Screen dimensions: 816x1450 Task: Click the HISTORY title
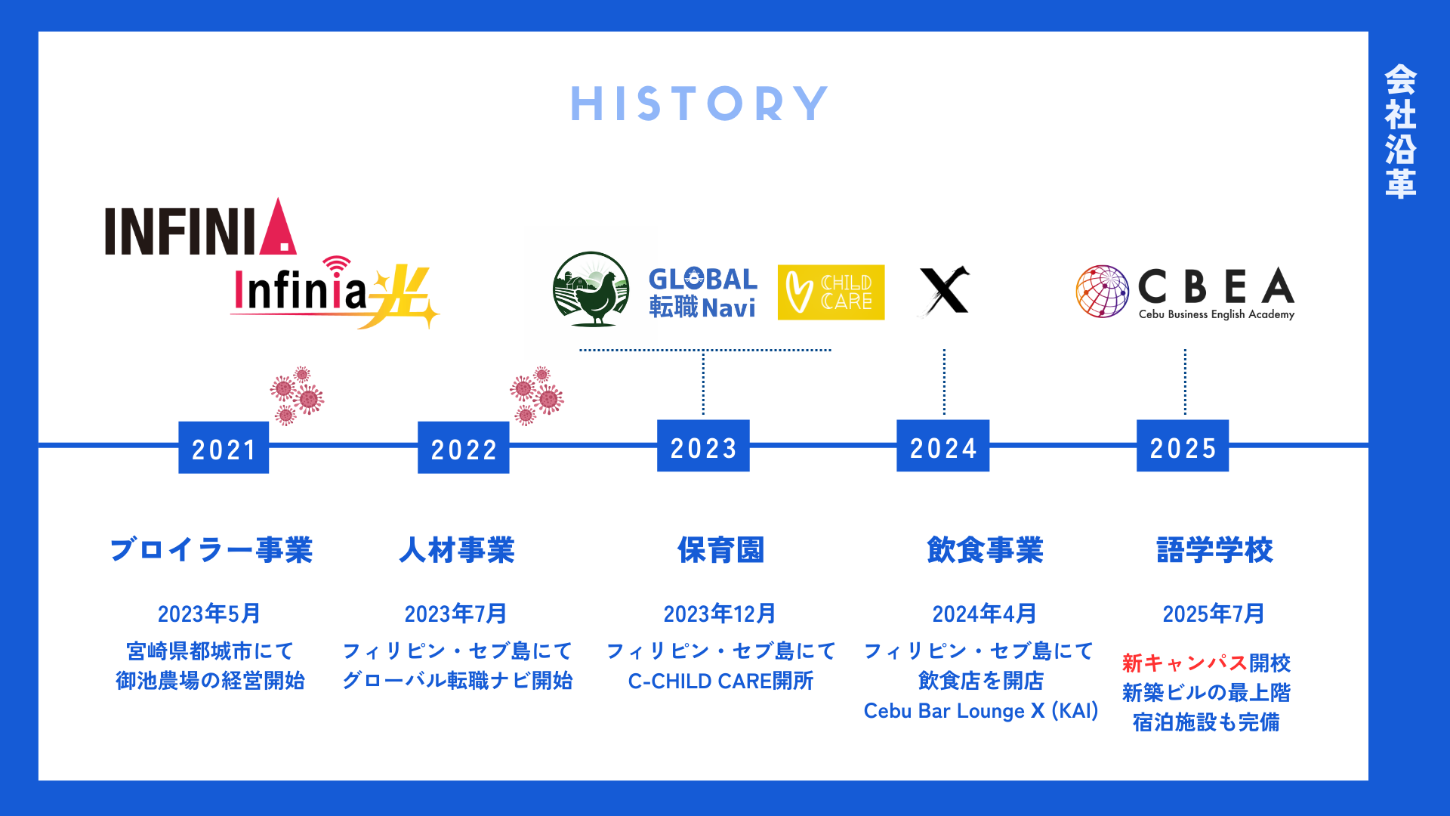tap(699, 104)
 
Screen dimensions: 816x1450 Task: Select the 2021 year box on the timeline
tap(224, 448)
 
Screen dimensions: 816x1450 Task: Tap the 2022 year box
tap(463, 448)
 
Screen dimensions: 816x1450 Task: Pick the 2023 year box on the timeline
tap(703, 447)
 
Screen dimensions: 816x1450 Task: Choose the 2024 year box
tap(942, 447)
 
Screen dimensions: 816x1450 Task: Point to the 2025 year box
tap(1183, 447)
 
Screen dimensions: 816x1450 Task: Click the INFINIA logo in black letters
tap(200, 228)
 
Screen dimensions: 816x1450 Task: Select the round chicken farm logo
tap(591, 289)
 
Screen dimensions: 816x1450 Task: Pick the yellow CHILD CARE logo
tap(831, 292)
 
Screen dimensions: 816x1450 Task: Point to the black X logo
tap(944, 291)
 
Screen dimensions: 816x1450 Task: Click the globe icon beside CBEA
tap(1102, 292)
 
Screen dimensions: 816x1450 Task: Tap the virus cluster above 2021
tap(297, 395)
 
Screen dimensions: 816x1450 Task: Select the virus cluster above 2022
tap(537, 395)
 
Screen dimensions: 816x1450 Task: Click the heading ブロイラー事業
tap(211, 550)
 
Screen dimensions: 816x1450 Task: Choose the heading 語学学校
tap(1214, 550)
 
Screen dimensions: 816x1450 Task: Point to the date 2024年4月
tap(984, 614)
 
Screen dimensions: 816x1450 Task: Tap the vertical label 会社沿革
tap(1400, 131)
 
